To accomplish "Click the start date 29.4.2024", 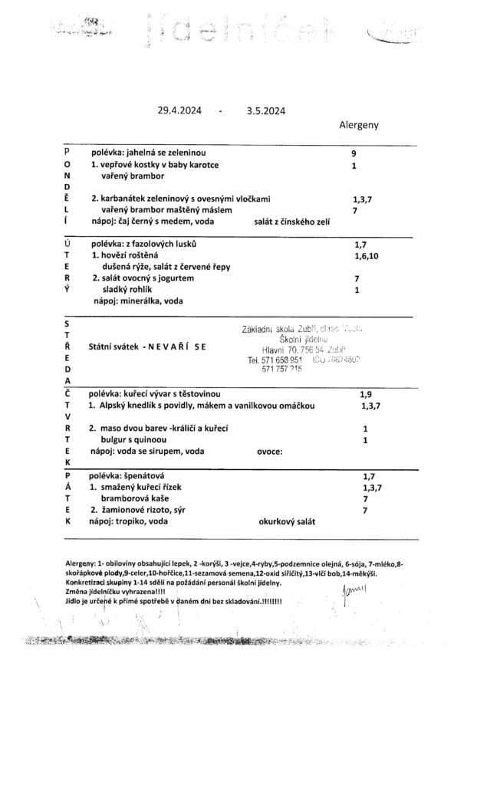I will pos(179,110).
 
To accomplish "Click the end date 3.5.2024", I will pos(266,110).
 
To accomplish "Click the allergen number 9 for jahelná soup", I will pos(354,153).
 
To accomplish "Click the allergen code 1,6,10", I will pos(367,255).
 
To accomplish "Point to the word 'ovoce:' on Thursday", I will pos(269,452).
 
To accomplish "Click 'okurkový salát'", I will pos(288,521).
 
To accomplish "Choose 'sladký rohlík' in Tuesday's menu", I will pos(131,290).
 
